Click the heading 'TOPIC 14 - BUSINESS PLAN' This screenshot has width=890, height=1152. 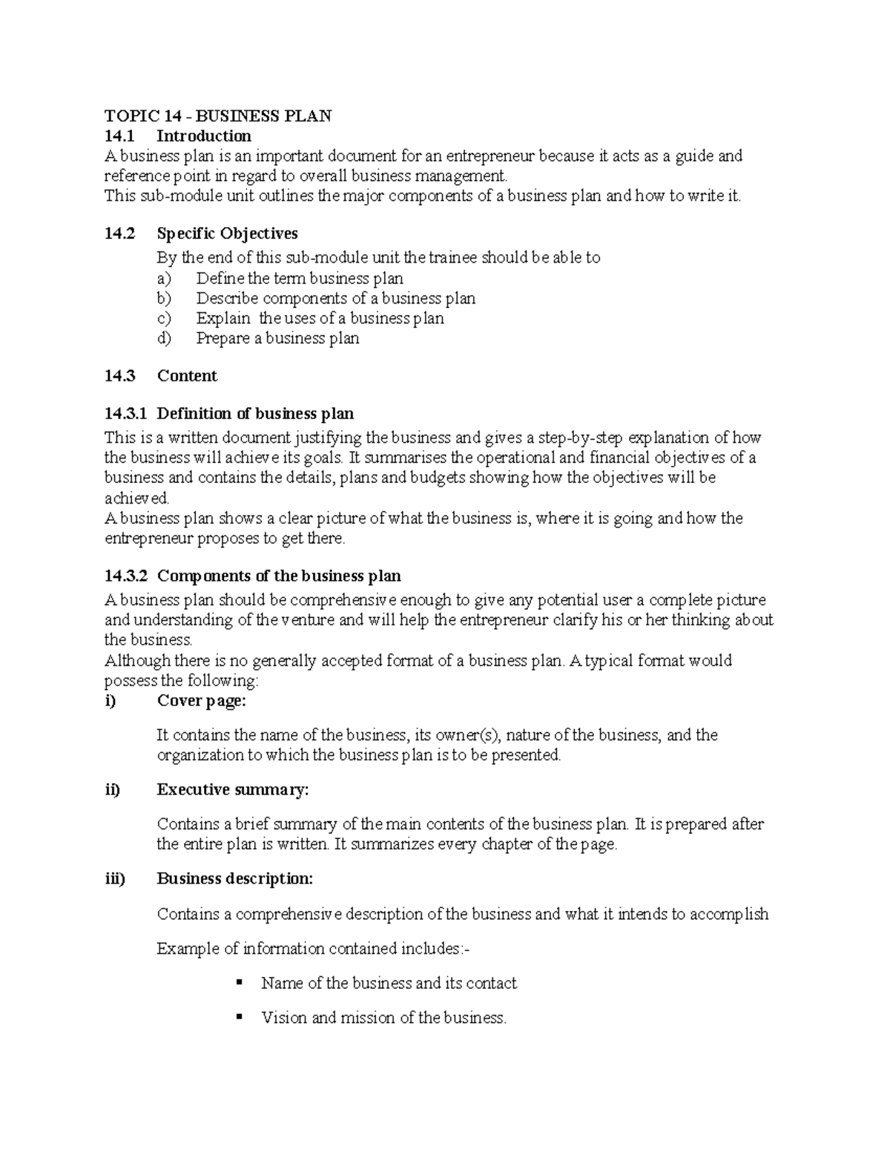pos(218,116)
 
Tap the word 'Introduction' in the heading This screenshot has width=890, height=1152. pos(204,136)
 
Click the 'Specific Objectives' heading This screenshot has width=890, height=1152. pos(227,234)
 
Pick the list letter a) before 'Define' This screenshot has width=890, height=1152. pos(163,279)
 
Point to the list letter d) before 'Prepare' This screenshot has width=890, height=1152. pos(163,339)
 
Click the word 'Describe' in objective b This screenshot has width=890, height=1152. pos(227,299)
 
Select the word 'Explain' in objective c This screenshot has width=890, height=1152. pos(223,319)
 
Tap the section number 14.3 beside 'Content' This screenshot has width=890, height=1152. pos(119,376)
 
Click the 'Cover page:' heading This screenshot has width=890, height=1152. pos(201,701)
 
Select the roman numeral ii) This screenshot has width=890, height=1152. pos(112,790)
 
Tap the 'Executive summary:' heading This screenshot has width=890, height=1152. pos(232,790)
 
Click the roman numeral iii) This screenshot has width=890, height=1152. pos(115,879)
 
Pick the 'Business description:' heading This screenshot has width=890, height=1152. pos(235,879)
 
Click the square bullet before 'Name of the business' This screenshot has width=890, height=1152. pos(239,983)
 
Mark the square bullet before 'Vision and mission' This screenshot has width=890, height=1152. pos(239,1017)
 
